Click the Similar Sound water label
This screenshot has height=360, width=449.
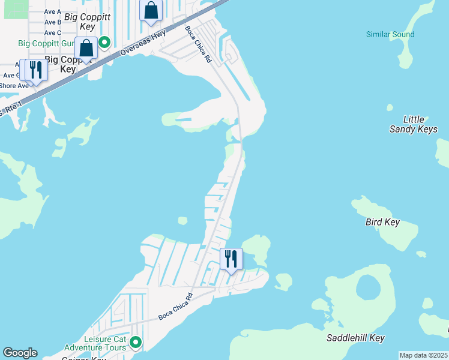tap(390, 34)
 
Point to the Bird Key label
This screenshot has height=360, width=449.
tap(382, 222)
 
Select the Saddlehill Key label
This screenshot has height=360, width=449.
tap(355, 338)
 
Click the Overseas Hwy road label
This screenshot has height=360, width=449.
tap(143, 43)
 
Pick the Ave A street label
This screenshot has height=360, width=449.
tap(52, 11)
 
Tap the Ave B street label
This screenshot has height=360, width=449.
tap(52, 22)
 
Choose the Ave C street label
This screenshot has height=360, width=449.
tap(52, 32)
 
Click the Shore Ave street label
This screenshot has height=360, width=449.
tap(14, 86)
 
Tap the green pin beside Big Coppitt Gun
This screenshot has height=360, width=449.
tap(104, 42)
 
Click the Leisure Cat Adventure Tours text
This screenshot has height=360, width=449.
tap(95, 343)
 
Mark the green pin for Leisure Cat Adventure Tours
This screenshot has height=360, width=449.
tap(136, 342)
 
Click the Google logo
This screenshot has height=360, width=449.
tap(20, 353)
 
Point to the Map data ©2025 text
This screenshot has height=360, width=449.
tap(423, 355)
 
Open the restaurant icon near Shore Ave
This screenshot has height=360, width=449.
tap(34, 71)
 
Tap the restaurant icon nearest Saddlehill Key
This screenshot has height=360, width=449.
tap(231, 259)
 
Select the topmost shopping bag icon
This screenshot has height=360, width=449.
tap(151, 10)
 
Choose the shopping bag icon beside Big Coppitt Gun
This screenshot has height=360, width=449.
tap(86, 48)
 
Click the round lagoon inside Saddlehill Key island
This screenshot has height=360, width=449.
tap(367, 288)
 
